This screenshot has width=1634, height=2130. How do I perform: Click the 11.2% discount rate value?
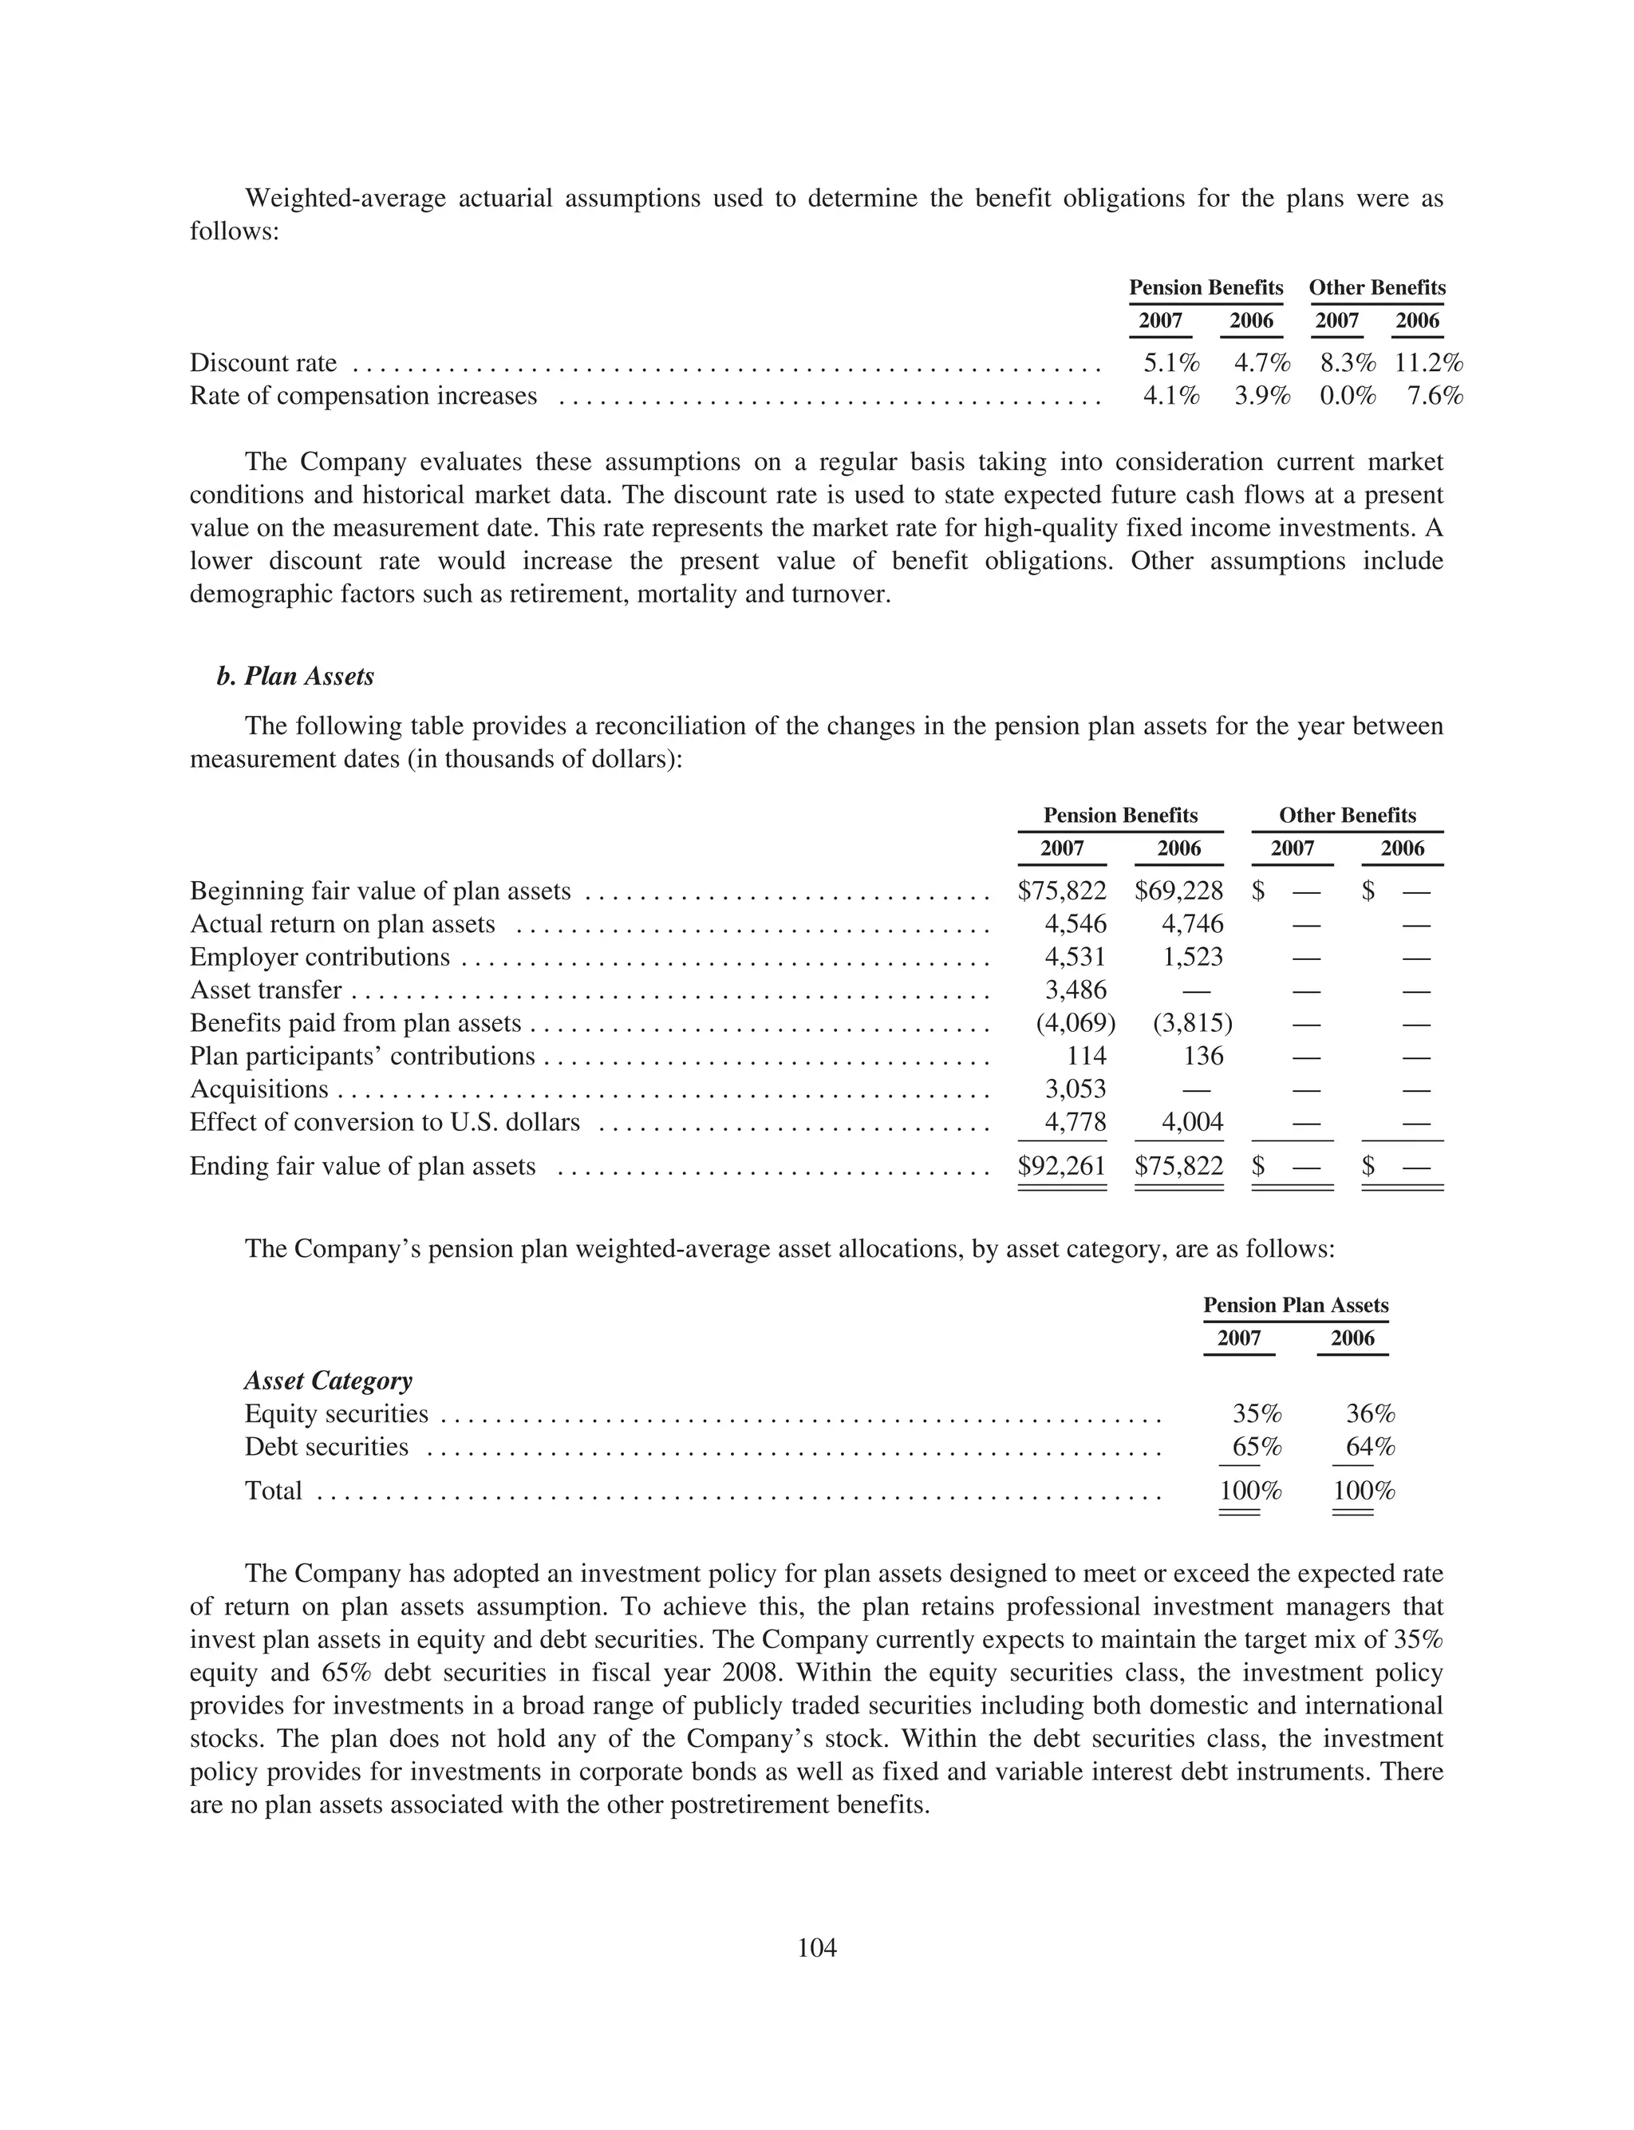(x=1428, y=364)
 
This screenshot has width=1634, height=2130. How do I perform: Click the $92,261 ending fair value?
(x=1061, y=1165)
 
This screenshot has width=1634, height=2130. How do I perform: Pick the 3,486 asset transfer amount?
(x=1075, y=990)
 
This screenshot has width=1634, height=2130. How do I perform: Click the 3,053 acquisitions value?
(x=1075, y=1089)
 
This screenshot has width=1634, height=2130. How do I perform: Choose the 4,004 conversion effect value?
(x=1193, y=1122)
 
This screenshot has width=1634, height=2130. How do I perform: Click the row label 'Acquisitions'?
(x=259, y=1089)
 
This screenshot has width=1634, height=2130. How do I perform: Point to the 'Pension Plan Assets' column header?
(x=1296, y=1306)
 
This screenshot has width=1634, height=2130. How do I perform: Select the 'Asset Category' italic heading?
(x=328, y=1381)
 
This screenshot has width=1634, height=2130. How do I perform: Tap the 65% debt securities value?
(x=1257, y=1447)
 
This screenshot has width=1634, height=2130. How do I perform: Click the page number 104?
(x=817, y=1948)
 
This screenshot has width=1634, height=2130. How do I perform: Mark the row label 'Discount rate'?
(x=262, y=364)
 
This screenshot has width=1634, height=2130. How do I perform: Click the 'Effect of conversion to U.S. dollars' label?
(x=385, y=1122)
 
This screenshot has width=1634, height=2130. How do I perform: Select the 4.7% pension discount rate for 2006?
(x=1261, y=364)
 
